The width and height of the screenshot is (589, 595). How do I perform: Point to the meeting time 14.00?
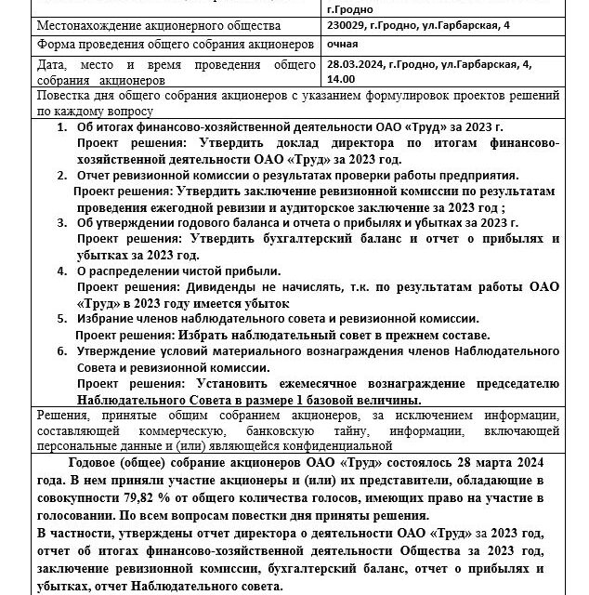(331, 80)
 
